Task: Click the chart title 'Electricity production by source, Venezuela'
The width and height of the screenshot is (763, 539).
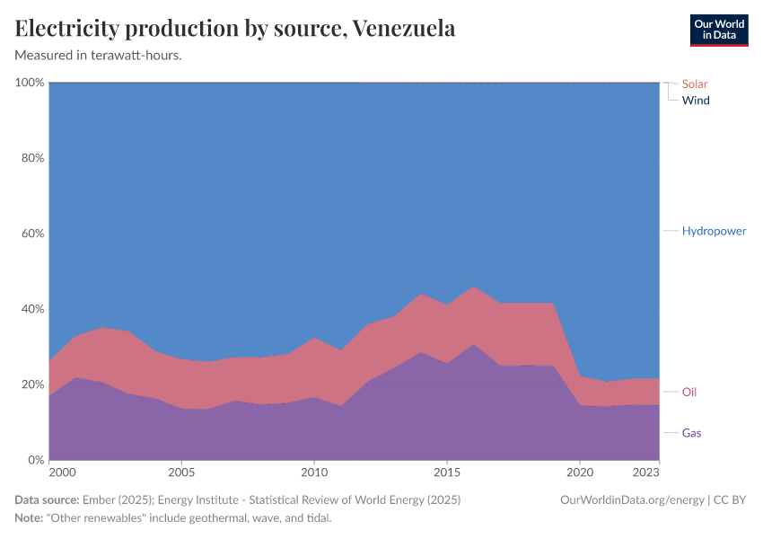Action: (x=235, y=29)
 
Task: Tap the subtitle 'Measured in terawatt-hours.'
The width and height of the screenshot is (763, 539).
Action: (x=99, y=56)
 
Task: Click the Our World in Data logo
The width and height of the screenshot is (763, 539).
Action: (x=718, y=30)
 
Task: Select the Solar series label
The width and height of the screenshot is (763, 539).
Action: (x=695, y=84)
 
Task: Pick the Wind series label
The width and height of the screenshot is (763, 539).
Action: (x=696, y=101)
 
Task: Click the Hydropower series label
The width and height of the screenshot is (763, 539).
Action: (x=714, y=231)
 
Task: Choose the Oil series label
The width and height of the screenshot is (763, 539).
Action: (x=689, y=392)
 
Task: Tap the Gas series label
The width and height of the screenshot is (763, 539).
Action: (x=691, y=433)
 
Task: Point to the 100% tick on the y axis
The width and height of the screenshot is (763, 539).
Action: (x=30, y=83)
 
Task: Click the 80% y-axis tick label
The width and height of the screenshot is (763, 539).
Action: (x=31, y=158)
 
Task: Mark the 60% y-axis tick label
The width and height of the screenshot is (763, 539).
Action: (x=31, y=234)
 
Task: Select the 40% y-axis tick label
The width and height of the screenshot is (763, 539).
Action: (x=31, y=309)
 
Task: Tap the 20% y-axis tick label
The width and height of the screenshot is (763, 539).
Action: (x=31, y=384)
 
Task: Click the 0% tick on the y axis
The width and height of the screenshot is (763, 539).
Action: (x=35, y=460)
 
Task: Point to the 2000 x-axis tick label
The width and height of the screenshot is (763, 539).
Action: (x=62, y=473)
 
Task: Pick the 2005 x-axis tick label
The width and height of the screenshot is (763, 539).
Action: (x=181, y=473)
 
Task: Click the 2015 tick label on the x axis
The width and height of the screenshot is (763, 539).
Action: (x=447, y=473)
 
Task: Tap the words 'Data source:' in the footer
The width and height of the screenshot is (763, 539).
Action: (x=47, y=500)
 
